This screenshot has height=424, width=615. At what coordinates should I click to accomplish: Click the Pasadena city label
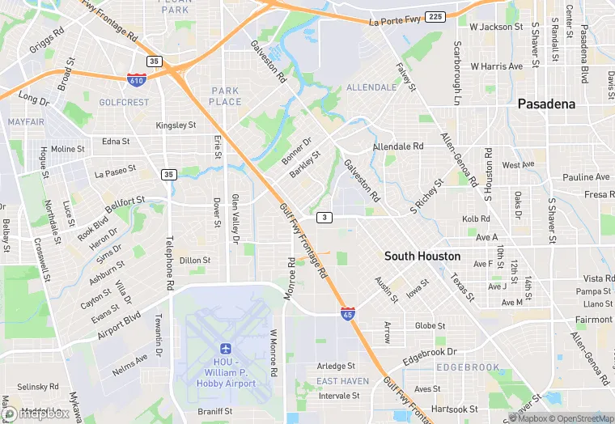pyautogui.click(x=546, y=104)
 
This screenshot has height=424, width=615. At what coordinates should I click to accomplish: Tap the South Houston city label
pyautogui.click(x=422, y=256)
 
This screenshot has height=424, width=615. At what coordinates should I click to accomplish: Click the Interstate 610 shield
pyautogui.click(x=137, y=79)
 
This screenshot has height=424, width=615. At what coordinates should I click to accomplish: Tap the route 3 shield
pyautogui.click(x=324, y=217)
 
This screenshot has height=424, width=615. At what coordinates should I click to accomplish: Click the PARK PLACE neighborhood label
pyautogui.click(x=226, y=96)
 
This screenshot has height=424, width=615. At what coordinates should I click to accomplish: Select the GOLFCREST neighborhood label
pyautogui.click(x=124, y=103)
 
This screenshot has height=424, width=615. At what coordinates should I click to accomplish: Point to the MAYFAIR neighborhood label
pyautogui.click(x=26, y=121)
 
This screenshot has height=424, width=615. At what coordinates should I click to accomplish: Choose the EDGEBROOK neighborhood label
pyautogui.click(x=468, y=367)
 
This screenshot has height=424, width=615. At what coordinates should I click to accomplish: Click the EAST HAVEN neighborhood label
pyautogui.click(x=342, y=380)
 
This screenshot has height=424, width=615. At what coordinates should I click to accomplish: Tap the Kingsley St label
pyautogui.click(x=176, y=125)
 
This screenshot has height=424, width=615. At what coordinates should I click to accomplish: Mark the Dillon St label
pyautogui.click(x=195, y=261)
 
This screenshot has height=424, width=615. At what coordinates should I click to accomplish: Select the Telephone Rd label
pyautogui.click(x=170, y=263)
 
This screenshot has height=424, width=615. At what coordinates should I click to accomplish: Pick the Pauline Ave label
pyautogui.click(x=586, y=177)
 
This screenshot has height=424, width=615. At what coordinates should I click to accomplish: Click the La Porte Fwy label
pyautogui.click(x=396, y=22)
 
